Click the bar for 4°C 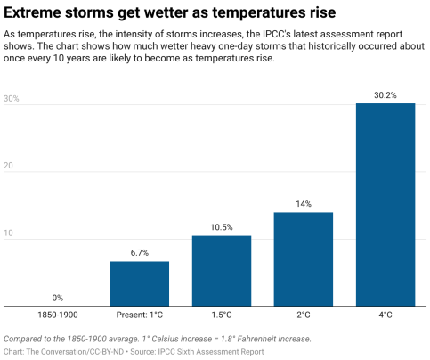coord(385,205)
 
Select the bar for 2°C coord(303,259)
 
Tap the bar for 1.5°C coord(221,271)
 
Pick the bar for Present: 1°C coord(139,283)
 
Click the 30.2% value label coord(385,94)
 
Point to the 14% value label coord(303,203)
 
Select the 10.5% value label coord(221,226)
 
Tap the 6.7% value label coord(139,252)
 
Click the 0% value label coord(57,297)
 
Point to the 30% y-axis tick coord(12,99)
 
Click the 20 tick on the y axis coord(10,167)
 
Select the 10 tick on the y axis coord(10,233)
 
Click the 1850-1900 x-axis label coord(57,315)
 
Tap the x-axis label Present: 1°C coord(139,315)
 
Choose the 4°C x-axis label coord(385,315)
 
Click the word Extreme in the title coord(35,13)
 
